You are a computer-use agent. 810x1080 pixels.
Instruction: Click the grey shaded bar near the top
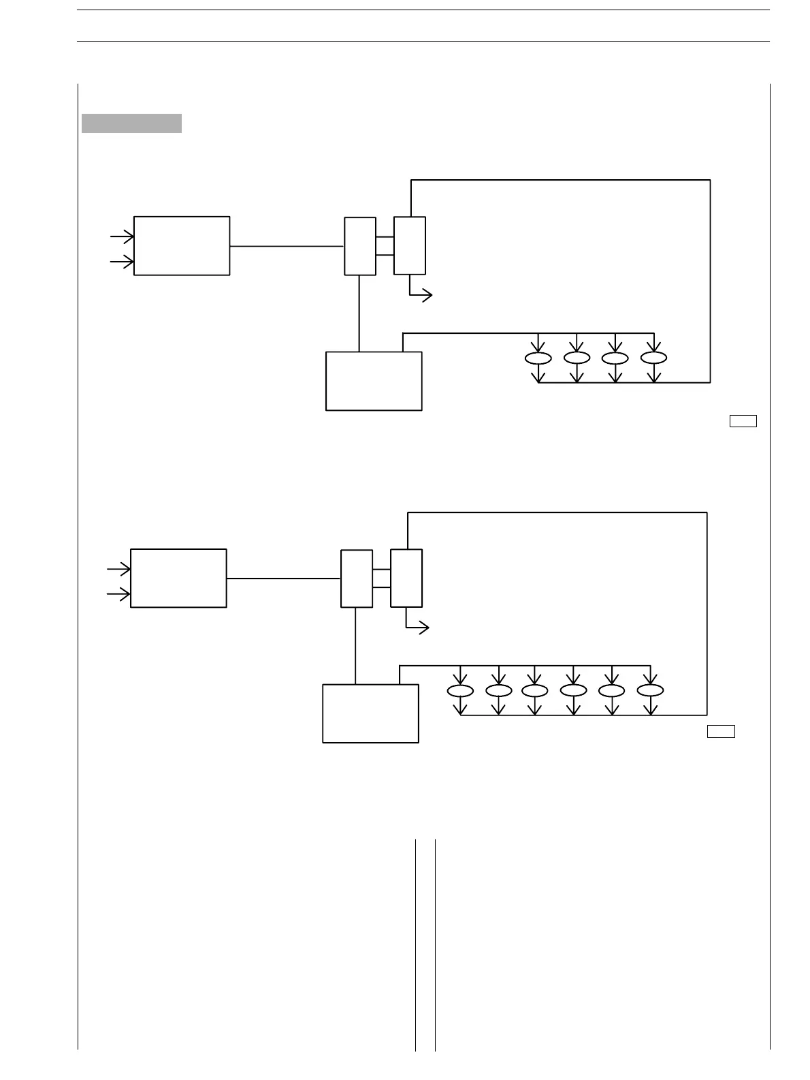click(131, 123)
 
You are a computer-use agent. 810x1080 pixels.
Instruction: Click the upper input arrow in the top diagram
click(123, 236)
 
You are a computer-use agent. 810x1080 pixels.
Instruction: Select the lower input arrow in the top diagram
click(123, 262)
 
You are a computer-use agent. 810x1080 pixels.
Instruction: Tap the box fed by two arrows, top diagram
click(182, 246)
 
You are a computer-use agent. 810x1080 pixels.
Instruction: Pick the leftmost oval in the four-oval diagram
click(538, 358)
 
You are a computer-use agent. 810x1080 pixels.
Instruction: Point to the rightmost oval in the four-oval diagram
click(653, 358)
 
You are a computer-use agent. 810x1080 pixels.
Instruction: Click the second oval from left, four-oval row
click(577, 358)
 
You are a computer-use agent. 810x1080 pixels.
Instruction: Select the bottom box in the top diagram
click(374, 381)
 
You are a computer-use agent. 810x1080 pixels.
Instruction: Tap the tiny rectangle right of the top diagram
click(743, 421)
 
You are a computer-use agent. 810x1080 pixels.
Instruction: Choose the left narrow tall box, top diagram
click(360, 246)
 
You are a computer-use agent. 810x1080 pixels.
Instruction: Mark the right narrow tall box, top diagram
click(410, 246)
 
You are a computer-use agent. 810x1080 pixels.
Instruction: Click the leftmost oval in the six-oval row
click(460, 691)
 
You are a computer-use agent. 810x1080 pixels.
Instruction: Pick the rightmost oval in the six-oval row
click(650, 691)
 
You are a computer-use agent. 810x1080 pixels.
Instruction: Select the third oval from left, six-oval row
click(534, 691)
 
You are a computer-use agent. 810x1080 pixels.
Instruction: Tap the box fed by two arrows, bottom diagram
click(178, 578)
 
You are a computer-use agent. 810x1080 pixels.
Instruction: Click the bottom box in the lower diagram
click(370, 713)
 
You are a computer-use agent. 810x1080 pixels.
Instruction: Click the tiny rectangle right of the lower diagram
click(721, 732)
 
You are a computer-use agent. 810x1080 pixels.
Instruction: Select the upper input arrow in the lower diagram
click(119, 569)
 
